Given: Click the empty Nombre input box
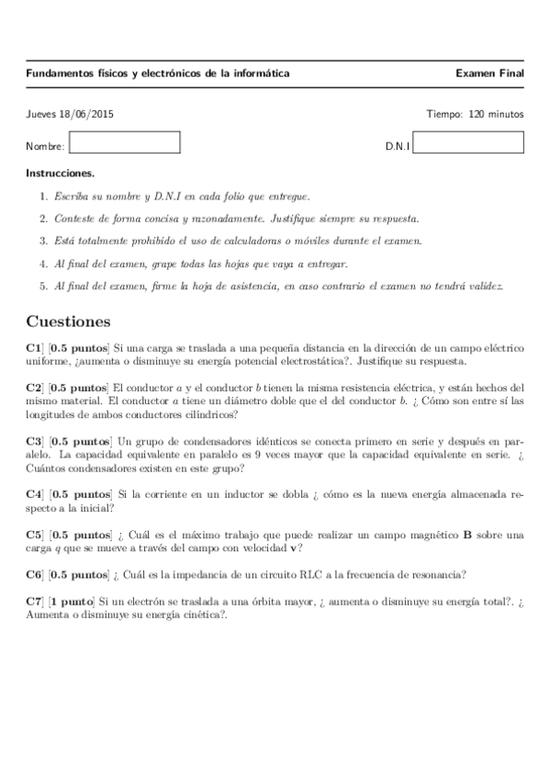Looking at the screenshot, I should tap(125, 143).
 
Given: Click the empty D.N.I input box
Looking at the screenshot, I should tap(469, 143).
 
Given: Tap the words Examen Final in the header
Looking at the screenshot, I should tap(489, 73).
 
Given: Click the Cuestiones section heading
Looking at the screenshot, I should tap(69, 322).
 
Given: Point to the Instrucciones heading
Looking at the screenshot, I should tap(61, 173).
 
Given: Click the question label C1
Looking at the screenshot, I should tap(34, 349).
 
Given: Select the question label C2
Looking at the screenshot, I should tap(34, 388).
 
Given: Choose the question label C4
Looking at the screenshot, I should tap(34, 493).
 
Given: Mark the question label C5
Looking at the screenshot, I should tap(34, 534).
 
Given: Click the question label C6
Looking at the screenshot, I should tap(34, 575).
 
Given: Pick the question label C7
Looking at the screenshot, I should tap(34, 602).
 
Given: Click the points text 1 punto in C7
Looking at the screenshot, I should tap(73, 602).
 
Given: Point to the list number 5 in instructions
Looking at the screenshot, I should tap(43, 286).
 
